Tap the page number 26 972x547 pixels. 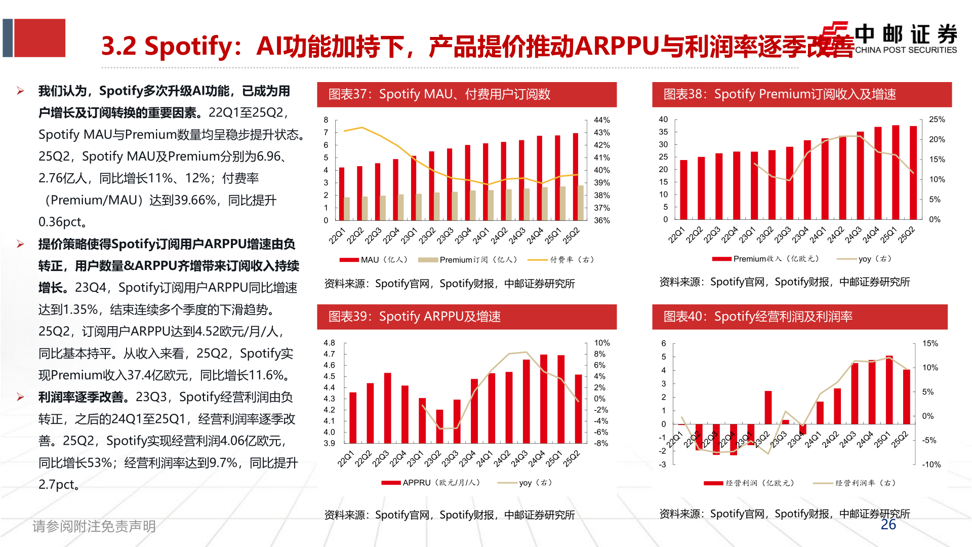point(888,525)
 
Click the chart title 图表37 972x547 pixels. point(439,94)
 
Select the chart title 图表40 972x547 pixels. point(758,317)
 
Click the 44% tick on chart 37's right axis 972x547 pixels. point(601,120)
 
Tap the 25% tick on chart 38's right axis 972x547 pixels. point(937,120)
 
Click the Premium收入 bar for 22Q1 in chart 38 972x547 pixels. point(683,189)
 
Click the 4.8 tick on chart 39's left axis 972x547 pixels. point(329,343)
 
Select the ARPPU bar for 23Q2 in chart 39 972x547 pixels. point(439,426)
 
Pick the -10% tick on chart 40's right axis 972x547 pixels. point(931,464)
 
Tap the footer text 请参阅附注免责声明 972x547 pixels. point(94,526)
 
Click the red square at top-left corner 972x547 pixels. point(39,38)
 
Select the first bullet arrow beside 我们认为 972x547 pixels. point(20,91)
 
